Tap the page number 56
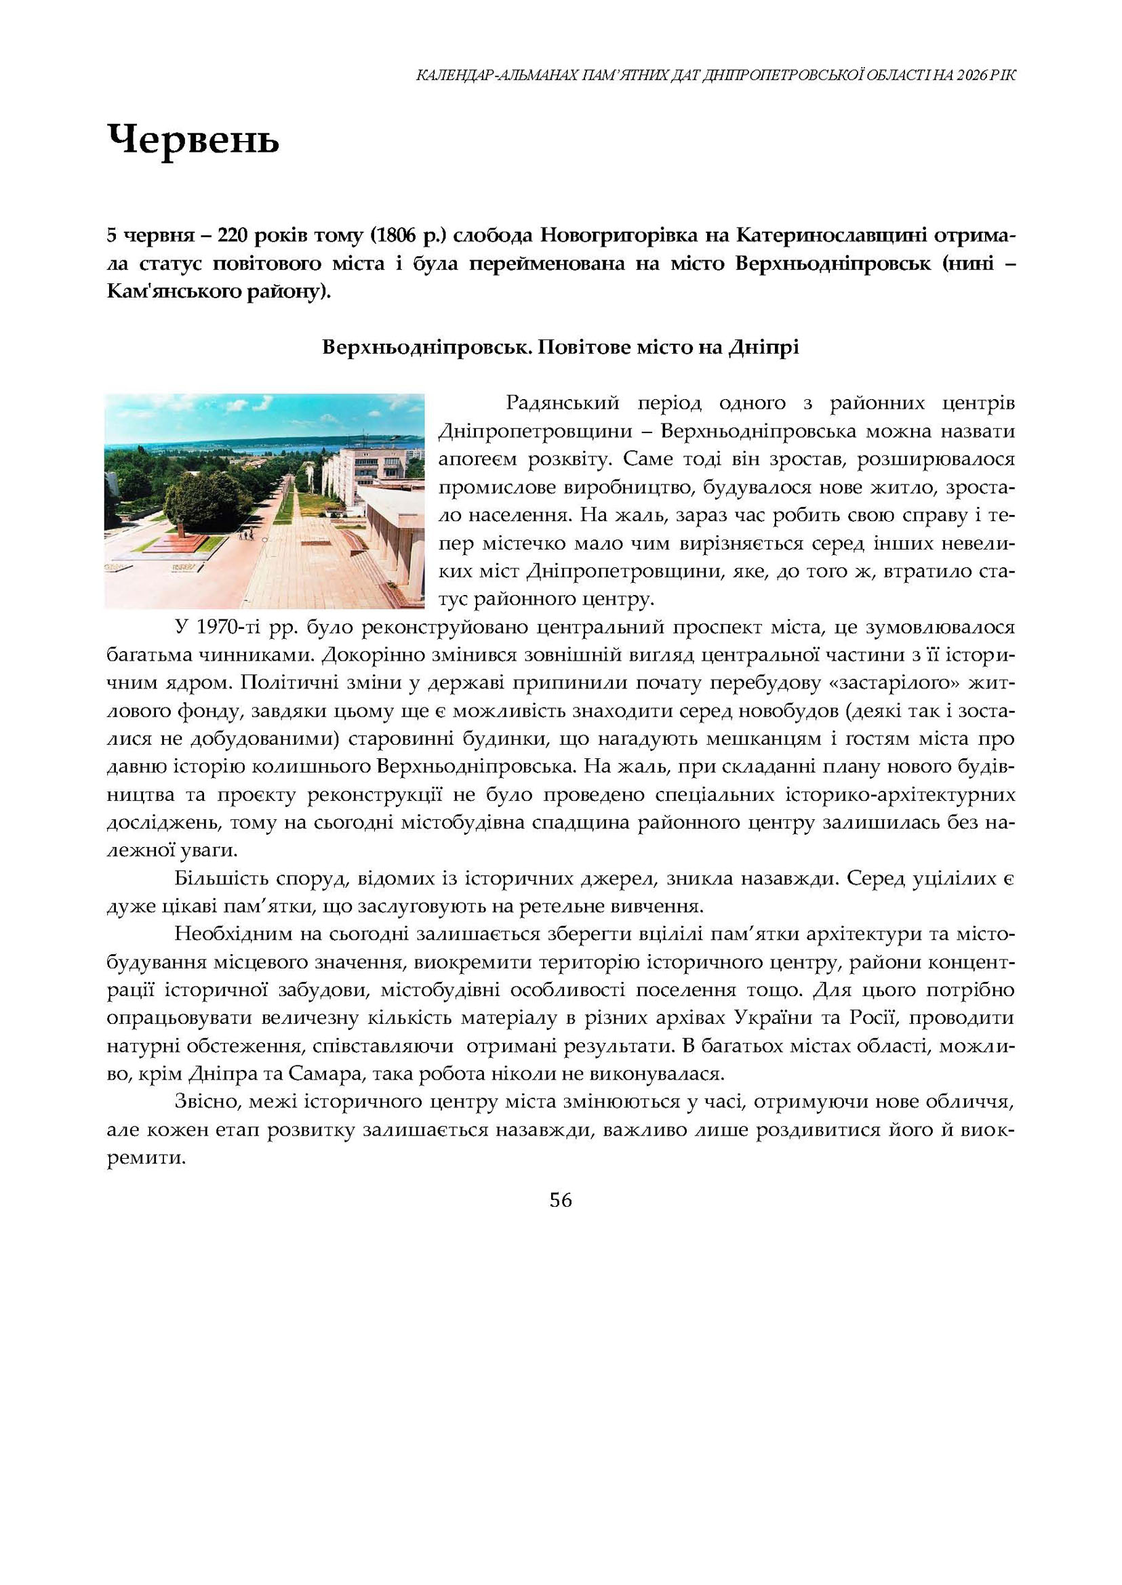point(560,1200)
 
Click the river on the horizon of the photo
point(277,448)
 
